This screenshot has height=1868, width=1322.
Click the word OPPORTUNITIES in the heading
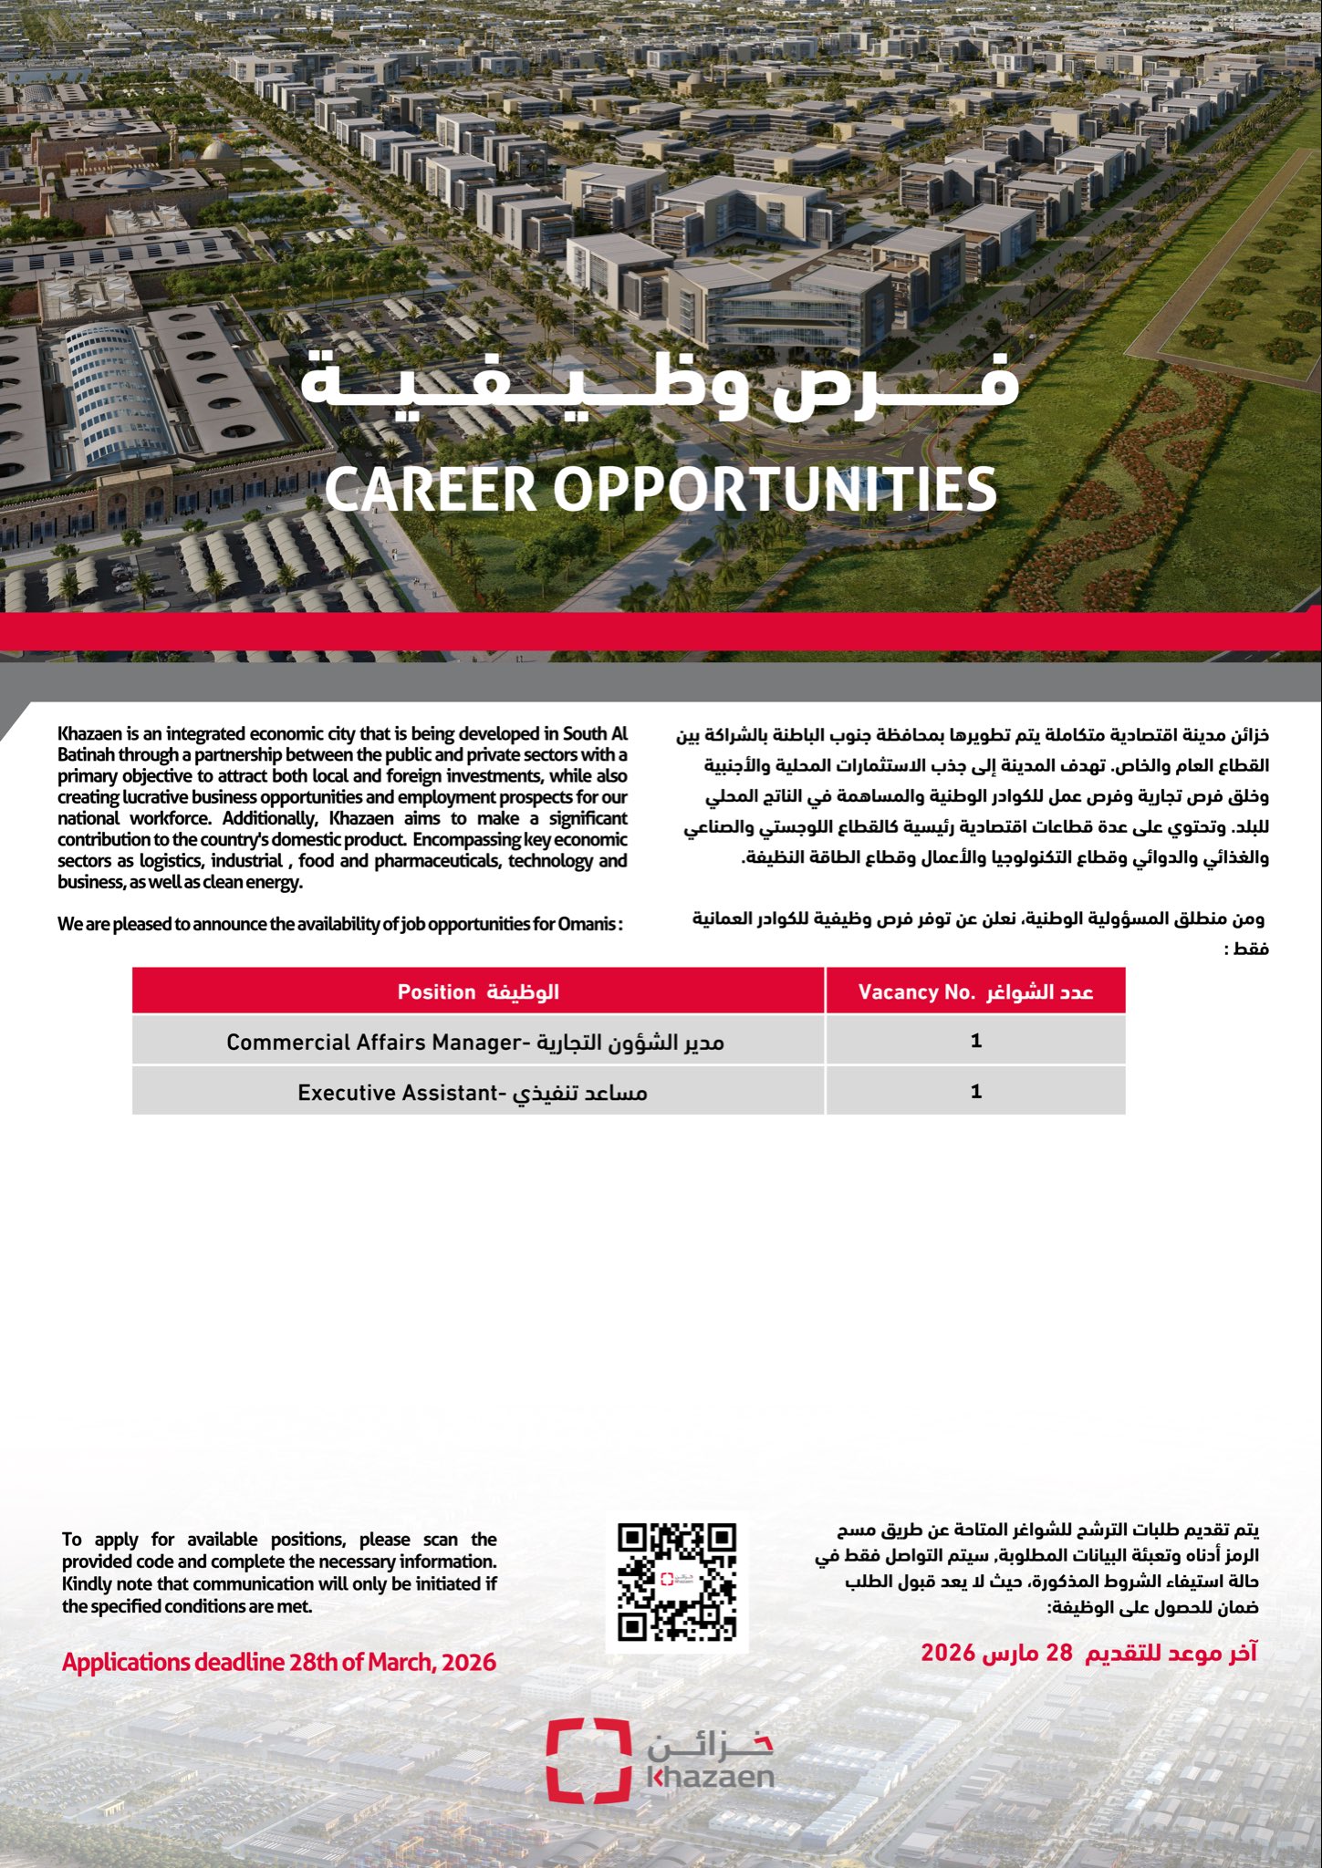775,489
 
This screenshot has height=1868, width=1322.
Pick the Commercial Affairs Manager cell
475,1042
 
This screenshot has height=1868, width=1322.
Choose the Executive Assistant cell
473,1092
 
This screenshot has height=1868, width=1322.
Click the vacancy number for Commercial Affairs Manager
976,1041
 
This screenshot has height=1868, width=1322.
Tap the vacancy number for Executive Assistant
976,1091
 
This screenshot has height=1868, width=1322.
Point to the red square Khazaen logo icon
588,1761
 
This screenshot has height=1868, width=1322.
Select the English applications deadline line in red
279,1662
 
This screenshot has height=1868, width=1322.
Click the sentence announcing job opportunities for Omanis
339,924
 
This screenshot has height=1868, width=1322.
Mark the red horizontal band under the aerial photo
661,631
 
